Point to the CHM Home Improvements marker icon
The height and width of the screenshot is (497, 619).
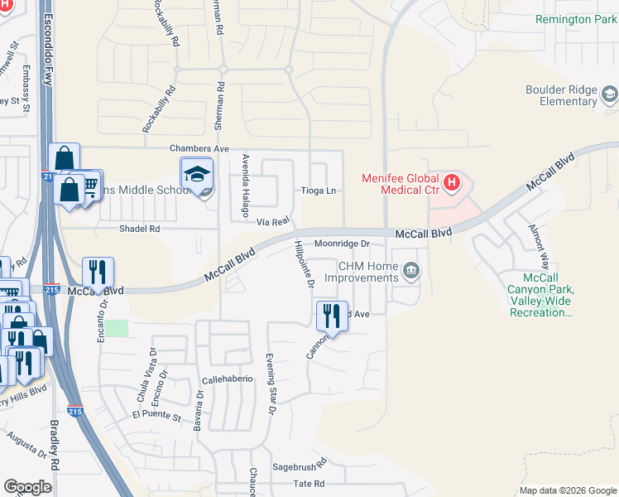(x=410, y=271)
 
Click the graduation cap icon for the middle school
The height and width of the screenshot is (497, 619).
(x=197, y=175)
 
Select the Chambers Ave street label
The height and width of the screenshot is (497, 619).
(x=199, y=148)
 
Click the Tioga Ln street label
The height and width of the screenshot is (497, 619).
(x=319, y=191)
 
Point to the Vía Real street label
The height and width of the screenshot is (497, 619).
(x=272, y=221)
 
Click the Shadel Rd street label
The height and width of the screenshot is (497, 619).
(x=139, y=229)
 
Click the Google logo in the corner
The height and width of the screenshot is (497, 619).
(x=27, y=487)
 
